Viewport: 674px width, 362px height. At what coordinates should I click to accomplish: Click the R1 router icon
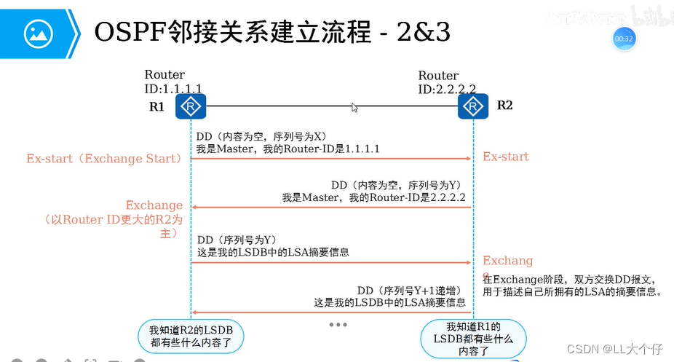[191, 107]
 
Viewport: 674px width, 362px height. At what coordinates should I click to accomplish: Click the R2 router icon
[473, 107]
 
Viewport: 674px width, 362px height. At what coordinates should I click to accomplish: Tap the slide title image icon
[39, 33]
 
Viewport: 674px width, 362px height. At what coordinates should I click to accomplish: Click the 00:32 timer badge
[624, 38]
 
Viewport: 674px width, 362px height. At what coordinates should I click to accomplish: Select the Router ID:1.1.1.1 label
[173, 82]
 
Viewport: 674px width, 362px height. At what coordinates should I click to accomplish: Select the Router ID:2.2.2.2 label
[447, 82]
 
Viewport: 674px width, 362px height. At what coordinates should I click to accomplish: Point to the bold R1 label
[157, 106]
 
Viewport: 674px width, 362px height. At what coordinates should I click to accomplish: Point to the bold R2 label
[505, 105]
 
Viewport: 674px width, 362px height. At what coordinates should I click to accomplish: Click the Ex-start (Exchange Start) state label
[103, 157]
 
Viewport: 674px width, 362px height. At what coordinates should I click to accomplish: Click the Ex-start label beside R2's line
[506, 157]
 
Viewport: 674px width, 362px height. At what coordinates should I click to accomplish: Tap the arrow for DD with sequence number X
[331, 158]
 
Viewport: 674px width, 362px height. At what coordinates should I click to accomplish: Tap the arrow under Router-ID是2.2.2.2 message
[331, 208]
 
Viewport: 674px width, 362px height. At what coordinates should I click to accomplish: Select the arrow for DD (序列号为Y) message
[331, 262]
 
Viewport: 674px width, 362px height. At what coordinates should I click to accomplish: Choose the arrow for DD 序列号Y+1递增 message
[331, 312]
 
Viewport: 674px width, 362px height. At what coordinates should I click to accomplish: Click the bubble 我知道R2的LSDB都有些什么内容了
[191, 334]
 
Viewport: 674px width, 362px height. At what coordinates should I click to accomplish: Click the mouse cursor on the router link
[354, 108]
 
